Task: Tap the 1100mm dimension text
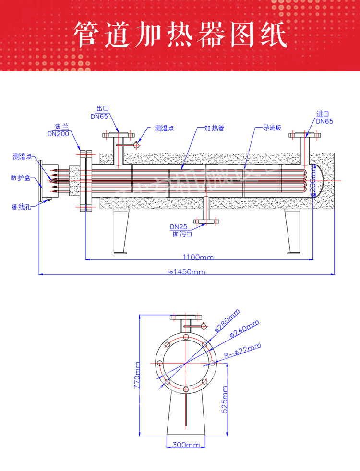click(x=198, y=258)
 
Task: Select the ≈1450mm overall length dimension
click(x=186, y=272)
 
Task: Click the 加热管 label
click(x=215, y=129)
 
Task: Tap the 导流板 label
click(x=271, y=129)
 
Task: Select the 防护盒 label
click(x=21, y=178)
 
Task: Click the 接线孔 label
click(x=21, y=207)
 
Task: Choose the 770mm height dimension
click(x=138, y=375)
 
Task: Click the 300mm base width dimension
click(x=185, y=445)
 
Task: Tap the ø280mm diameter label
click(x=228, y=320)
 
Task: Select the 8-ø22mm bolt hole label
click(x=243, y=352)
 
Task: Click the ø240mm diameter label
click(x=245, y=328)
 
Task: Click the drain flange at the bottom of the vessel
click(x=206, y=221)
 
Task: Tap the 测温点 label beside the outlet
click(x=164, y=129)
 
